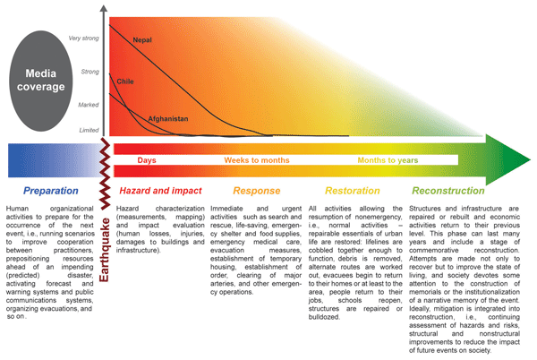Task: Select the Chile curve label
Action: point(125,81)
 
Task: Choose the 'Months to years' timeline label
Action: point(388,160)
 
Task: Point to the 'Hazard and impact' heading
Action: point(161,191)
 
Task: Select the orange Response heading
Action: point(257,191)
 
